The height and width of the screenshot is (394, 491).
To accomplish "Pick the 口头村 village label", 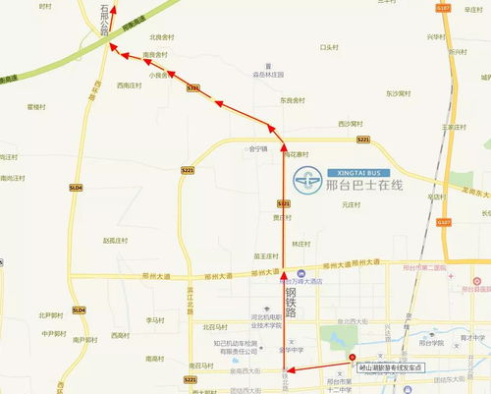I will pos(329,46).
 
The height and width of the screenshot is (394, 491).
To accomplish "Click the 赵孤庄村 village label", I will pos(116,239).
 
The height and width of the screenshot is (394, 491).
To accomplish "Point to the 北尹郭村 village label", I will pos(52,315).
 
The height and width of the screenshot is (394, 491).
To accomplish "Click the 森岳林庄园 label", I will pos(268,74).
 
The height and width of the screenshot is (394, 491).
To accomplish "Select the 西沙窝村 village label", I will pos(350,124).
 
